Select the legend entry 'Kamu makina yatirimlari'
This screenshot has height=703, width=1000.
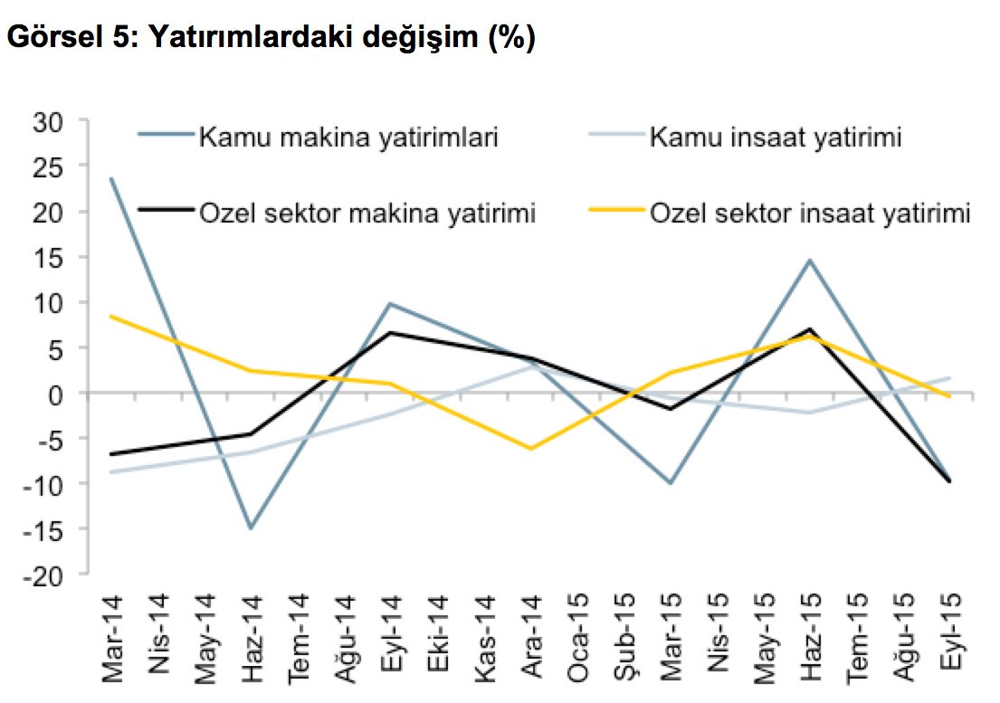pyautogui.click(x=348, y=138)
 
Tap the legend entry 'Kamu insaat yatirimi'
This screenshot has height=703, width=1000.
pyautogui.click(x=775, y=138)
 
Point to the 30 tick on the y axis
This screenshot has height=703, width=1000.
pyautogui.click(x=56, y=120)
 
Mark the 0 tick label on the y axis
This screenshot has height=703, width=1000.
pyautogui.click(x=63, y=394)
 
